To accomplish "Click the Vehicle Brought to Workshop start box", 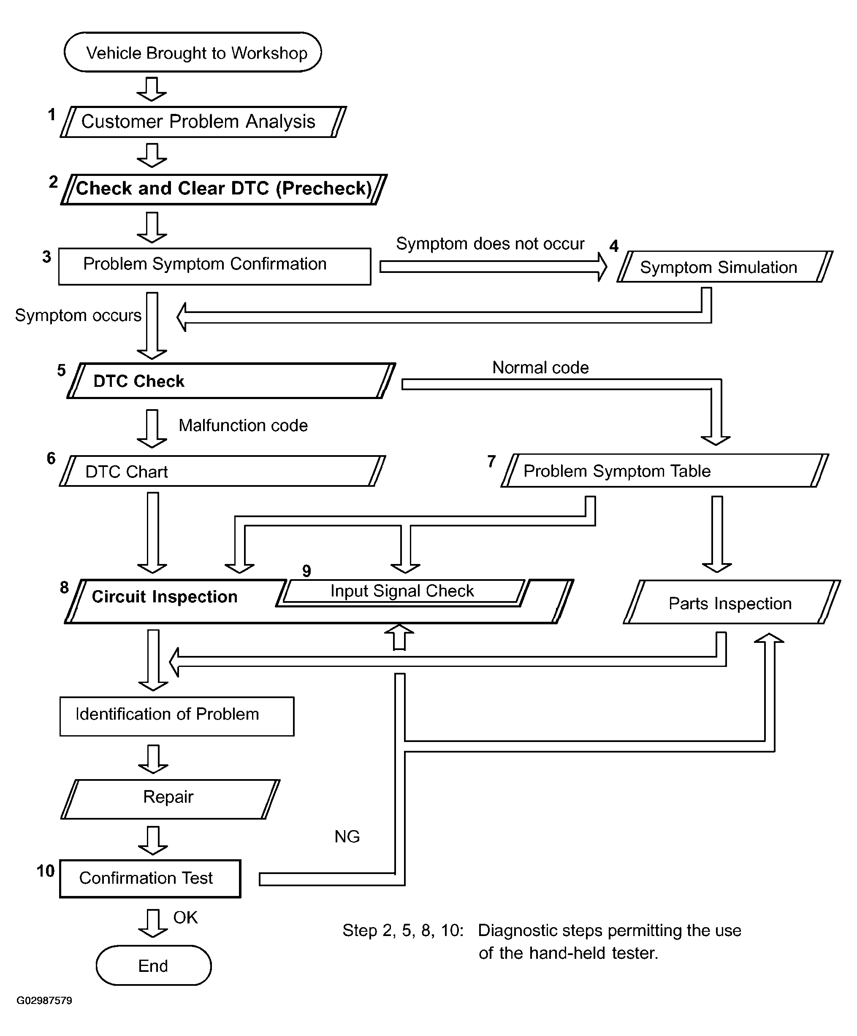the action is [x=193, y=52].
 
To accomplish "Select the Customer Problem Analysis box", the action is [x=203, y=121].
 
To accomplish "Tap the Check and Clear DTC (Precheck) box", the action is [x=224, y=189].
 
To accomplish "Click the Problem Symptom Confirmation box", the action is [x=215, y=267].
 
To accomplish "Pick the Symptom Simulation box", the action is [x=725, y=267].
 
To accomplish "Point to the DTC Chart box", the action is [x=222, y=471].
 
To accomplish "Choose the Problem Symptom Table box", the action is [x=665, y=471].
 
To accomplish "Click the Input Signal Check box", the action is [x=402, y=591].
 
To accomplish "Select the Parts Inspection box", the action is [x=732, y=602].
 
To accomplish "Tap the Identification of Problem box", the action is [x=177, y=716].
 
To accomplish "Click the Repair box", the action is [x=170, y=799].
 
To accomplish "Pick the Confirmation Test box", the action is [x=150, y=879].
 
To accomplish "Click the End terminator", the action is [x=154, y=966].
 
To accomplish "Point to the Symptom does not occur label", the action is [x=490, y=244].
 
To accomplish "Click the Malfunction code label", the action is [x=243, y=425].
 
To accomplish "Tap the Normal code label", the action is [x=540, y=367].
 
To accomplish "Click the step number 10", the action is [x=46, y=871].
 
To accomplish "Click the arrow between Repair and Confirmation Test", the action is [x=153, y=840].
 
